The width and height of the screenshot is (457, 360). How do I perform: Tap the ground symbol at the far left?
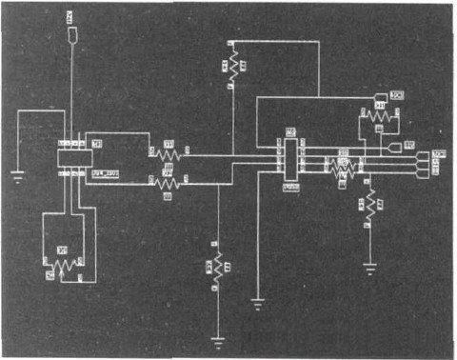click(x=16, y=173)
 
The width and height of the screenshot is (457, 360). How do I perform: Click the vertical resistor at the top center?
click(x=231, y=70)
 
